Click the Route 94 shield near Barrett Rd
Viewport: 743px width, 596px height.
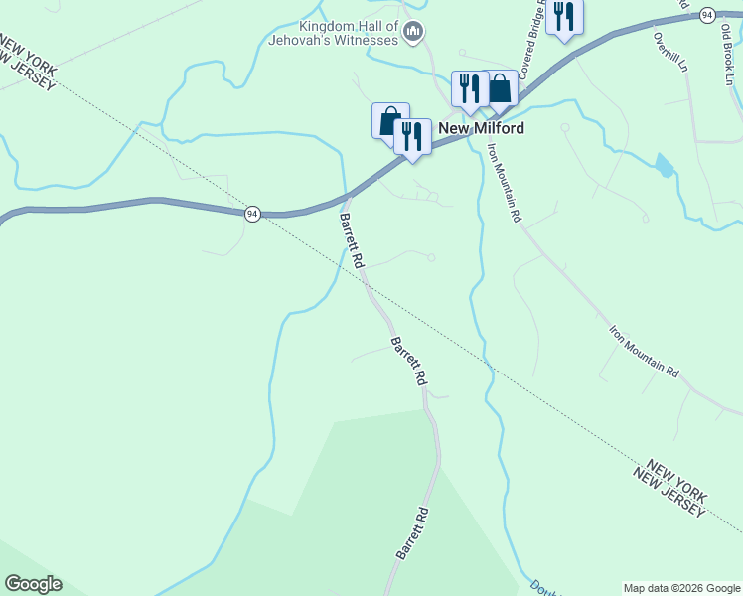pos(253,214)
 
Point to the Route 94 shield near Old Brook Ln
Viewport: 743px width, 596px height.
pos(706,14)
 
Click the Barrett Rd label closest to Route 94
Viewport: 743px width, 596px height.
pos(352,241)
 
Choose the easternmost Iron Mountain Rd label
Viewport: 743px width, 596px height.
pos(644,351)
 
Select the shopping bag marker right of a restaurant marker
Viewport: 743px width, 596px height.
pos(500,87)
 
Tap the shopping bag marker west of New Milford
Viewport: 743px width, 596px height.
pos(389,120)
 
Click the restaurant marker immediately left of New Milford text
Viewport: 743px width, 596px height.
pos(411,135)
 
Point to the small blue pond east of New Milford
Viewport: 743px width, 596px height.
pos(664,164)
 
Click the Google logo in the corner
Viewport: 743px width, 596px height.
pos(33,584)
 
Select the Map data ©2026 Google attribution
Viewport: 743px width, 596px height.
pos(682,588)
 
